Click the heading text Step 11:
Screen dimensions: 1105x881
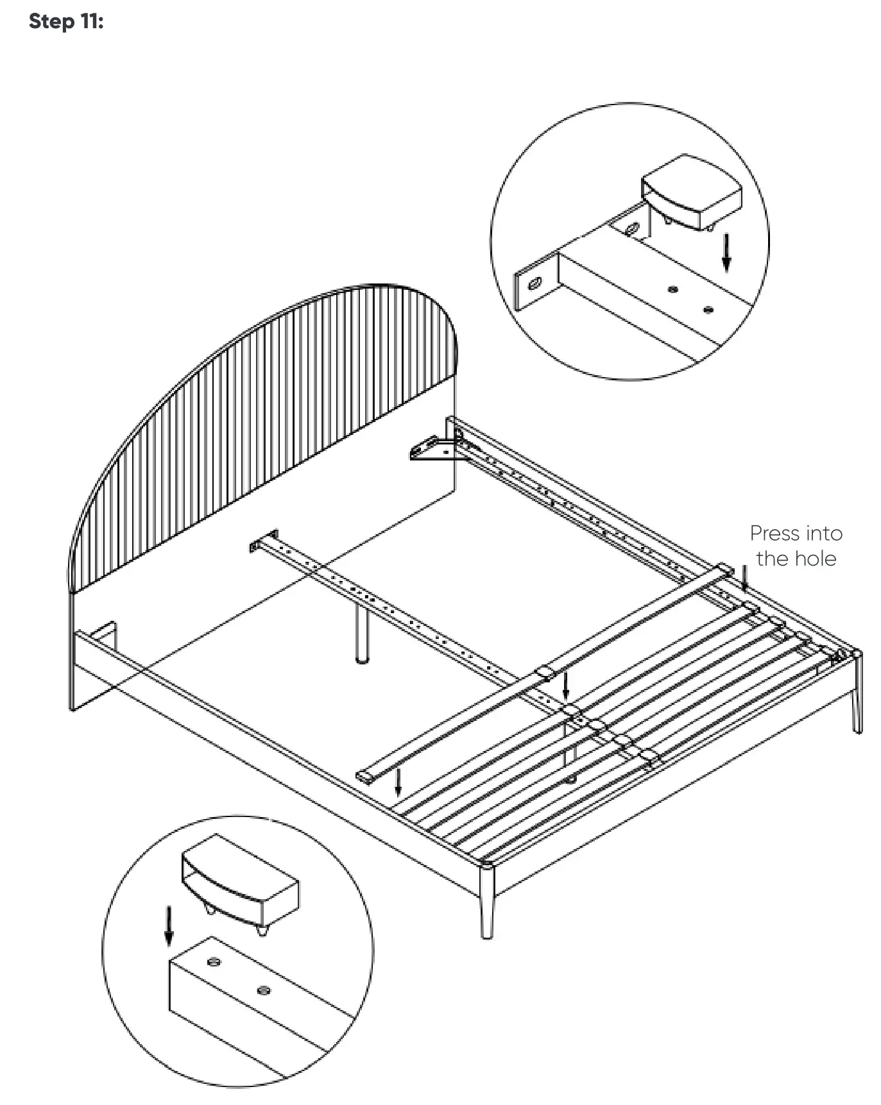click(x=66, y=21)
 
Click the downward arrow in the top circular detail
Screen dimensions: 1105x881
click(x=726, y=253)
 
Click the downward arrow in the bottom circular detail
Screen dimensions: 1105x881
click(x=168, y=925)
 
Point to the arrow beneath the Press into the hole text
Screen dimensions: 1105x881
click(x=744, y=577)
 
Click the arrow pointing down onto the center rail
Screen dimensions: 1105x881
click(x=565, y=686)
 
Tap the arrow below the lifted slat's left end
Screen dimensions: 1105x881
click(x=398, y=782)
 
